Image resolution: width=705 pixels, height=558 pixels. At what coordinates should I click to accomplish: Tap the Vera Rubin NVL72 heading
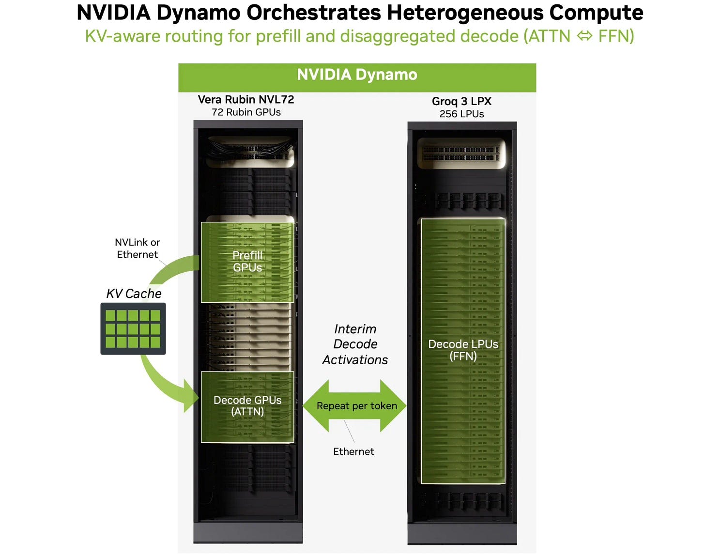coord(246,100)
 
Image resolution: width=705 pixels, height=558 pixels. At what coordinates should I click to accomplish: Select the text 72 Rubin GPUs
coord(246,112)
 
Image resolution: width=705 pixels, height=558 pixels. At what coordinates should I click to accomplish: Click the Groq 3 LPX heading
coord(461,101)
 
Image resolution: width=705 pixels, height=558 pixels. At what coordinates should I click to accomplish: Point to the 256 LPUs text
coord(461,114)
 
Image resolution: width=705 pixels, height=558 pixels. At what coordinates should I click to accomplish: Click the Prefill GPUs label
coord(247,262)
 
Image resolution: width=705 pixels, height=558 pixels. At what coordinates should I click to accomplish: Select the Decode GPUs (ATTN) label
coord(247,406)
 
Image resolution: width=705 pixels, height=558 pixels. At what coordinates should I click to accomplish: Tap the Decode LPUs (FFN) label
coord(463,350)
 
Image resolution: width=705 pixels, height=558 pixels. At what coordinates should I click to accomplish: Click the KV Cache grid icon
coord(133,329)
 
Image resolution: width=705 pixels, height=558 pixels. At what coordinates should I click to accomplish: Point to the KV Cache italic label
coord(134,294)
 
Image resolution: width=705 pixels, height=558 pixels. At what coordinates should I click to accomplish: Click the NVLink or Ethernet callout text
coord(137,248)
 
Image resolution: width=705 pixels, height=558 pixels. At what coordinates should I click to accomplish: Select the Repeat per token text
coord(356,406)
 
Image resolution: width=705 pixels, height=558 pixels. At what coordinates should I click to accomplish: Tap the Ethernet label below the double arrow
coord(353,451)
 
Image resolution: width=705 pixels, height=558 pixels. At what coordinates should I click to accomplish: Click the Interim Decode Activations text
coord(355,344)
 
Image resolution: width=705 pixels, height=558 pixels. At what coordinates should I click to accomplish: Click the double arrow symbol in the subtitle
coord(584,36)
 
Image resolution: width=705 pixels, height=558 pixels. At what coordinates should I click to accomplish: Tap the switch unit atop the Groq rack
coord(461,154)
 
